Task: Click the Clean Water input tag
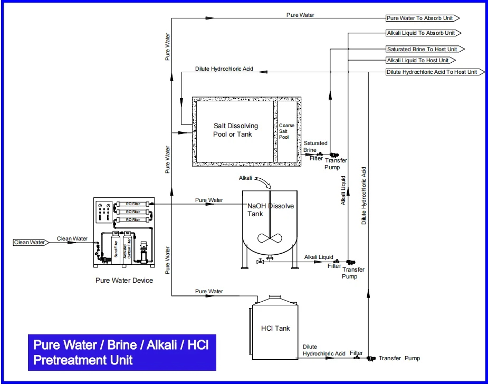tap(30, 243)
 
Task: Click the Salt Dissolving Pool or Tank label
tap(235, 130)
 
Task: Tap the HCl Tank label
tap(275, 328)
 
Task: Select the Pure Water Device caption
tap(124, 280)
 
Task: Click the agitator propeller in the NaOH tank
tap(269, 238)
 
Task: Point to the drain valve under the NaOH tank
tap(260, 262)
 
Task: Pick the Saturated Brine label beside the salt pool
tap(315, 147)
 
